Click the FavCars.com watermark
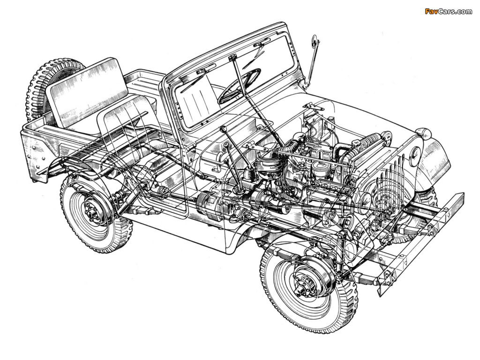(449, 12)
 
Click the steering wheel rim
(239, 86)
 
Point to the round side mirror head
(315, 43)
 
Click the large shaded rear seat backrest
(87, 92)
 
